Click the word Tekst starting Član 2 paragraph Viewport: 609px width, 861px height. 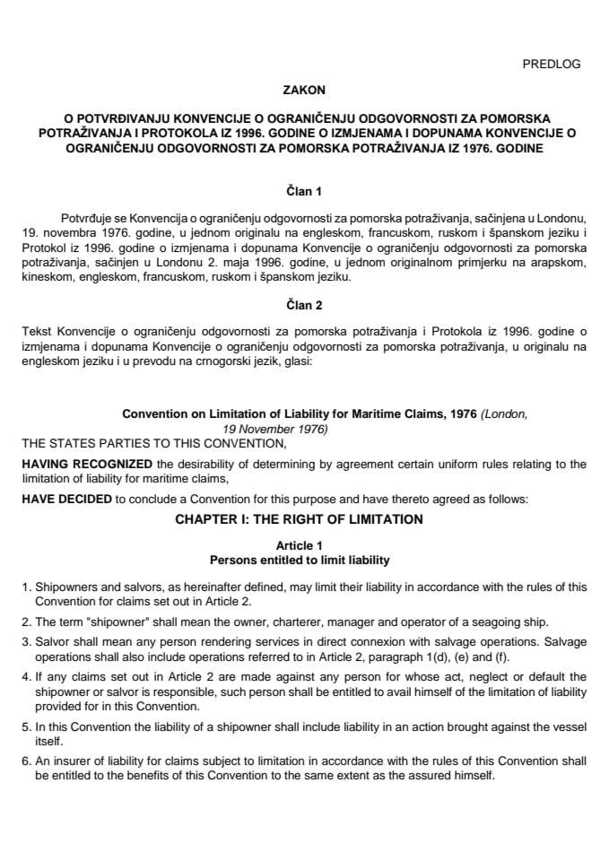(35, 327)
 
